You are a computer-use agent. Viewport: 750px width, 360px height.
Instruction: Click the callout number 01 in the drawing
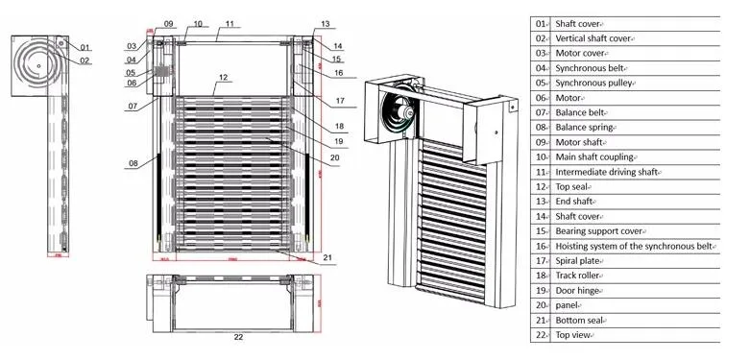pyautogui.click(x=85, y=47)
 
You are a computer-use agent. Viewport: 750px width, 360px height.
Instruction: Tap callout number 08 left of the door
pyautogui.click(x=133, y=164)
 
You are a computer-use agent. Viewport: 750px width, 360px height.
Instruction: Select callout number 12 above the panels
pyautogui.click(x=222, y=76)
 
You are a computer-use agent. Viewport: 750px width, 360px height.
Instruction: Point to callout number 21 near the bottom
pyautogui.click(x=327, y=257)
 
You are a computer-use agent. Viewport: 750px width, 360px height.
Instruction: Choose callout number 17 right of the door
pyautogui.click(x=339, y=100)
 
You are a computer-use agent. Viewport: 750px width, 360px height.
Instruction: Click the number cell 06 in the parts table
pyautogui.click(x=541, y=97)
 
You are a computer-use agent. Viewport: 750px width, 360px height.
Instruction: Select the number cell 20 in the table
pyautogui.click(x=541, y=305)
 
